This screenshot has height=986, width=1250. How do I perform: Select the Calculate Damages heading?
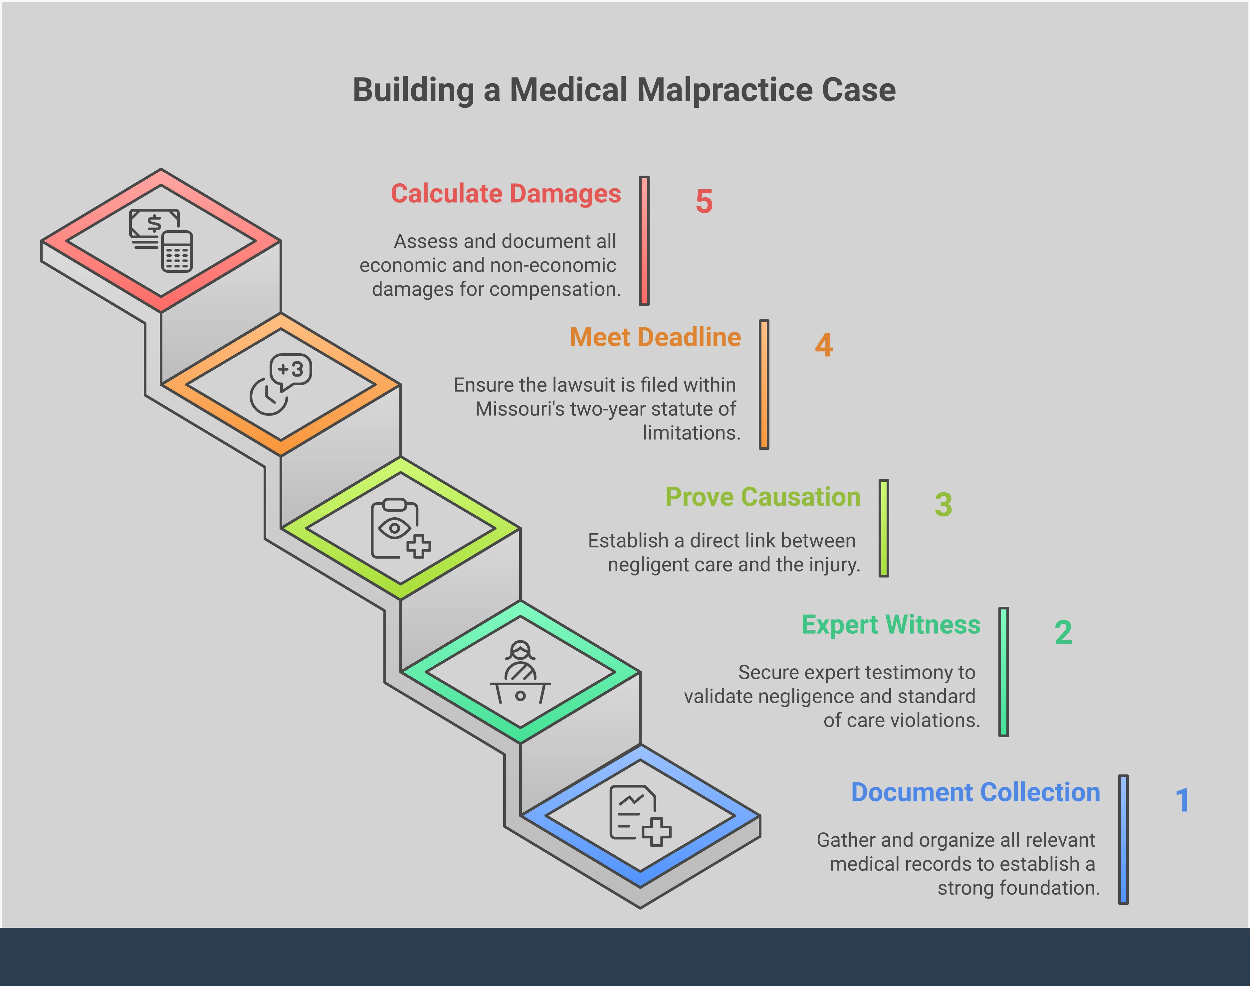(x=506, y=194)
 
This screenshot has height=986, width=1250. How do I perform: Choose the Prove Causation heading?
(x=763, y=497)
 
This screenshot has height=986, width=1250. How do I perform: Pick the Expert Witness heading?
(x=891, y=625)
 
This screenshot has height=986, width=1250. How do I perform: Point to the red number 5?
(x=704, y=202)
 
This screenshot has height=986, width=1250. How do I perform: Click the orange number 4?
(x=824, y=345)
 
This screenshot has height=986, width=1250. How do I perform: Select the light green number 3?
(x=943, y=505)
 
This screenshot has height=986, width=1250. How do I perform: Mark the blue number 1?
(x=1182, y=801)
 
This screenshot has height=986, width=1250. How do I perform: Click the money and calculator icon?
(x=161, y=240)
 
